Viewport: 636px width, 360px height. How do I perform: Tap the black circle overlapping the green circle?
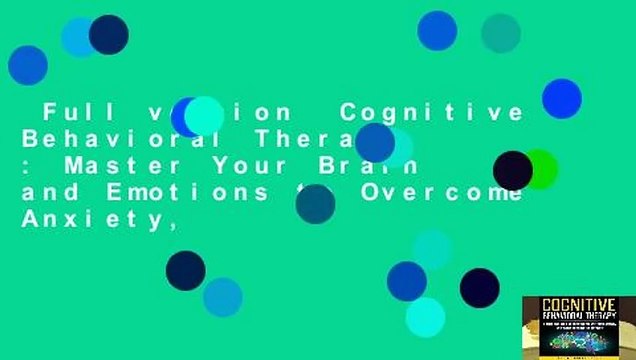click(513, 170)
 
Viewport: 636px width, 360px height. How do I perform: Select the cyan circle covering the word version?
click(204, 116)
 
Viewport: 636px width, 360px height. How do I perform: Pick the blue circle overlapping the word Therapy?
click(375, 143)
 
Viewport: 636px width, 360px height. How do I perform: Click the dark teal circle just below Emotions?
click(315, 204)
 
